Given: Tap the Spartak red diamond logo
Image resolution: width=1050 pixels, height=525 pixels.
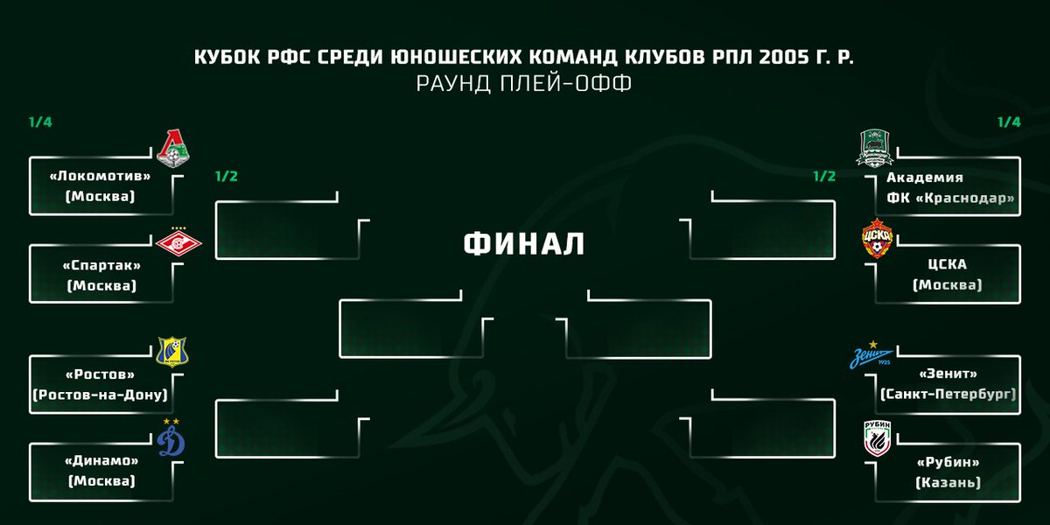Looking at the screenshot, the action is click(185, 242).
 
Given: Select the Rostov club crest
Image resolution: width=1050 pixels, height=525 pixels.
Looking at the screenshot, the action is click(172, 351).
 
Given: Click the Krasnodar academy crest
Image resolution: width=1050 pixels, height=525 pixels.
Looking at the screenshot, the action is click(874, 147).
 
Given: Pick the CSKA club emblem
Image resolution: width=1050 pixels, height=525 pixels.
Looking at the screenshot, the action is click(877, 237).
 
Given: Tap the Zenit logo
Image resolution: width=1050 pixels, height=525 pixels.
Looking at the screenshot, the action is click(871, 356).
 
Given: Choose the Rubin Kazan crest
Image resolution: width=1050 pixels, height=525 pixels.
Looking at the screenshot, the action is click(878, 442).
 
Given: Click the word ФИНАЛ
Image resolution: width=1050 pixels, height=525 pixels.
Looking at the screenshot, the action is click(523, 244).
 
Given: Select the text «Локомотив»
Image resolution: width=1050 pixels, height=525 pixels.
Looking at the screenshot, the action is click(101, 176).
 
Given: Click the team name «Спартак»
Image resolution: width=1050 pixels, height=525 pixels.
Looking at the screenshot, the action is click(101, 265).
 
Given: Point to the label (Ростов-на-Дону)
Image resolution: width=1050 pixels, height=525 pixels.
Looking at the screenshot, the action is click(101, 395).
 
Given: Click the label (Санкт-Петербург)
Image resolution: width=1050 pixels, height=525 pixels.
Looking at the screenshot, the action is click(948, 395).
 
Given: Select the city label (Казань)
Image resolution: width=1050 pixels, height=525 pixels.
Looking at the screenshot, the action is click(948, 482).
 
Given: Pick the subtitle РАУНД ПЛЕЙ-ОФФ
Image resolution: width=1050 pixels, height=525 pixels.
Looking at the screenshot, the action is click(523, 84).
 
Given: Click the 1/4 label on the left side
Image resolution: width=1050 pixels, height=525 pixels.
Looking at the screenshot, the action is click(40, 122).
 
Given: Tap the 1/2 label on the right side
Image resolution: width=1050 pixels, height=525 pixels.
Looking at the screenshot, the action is click(824, 176).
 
